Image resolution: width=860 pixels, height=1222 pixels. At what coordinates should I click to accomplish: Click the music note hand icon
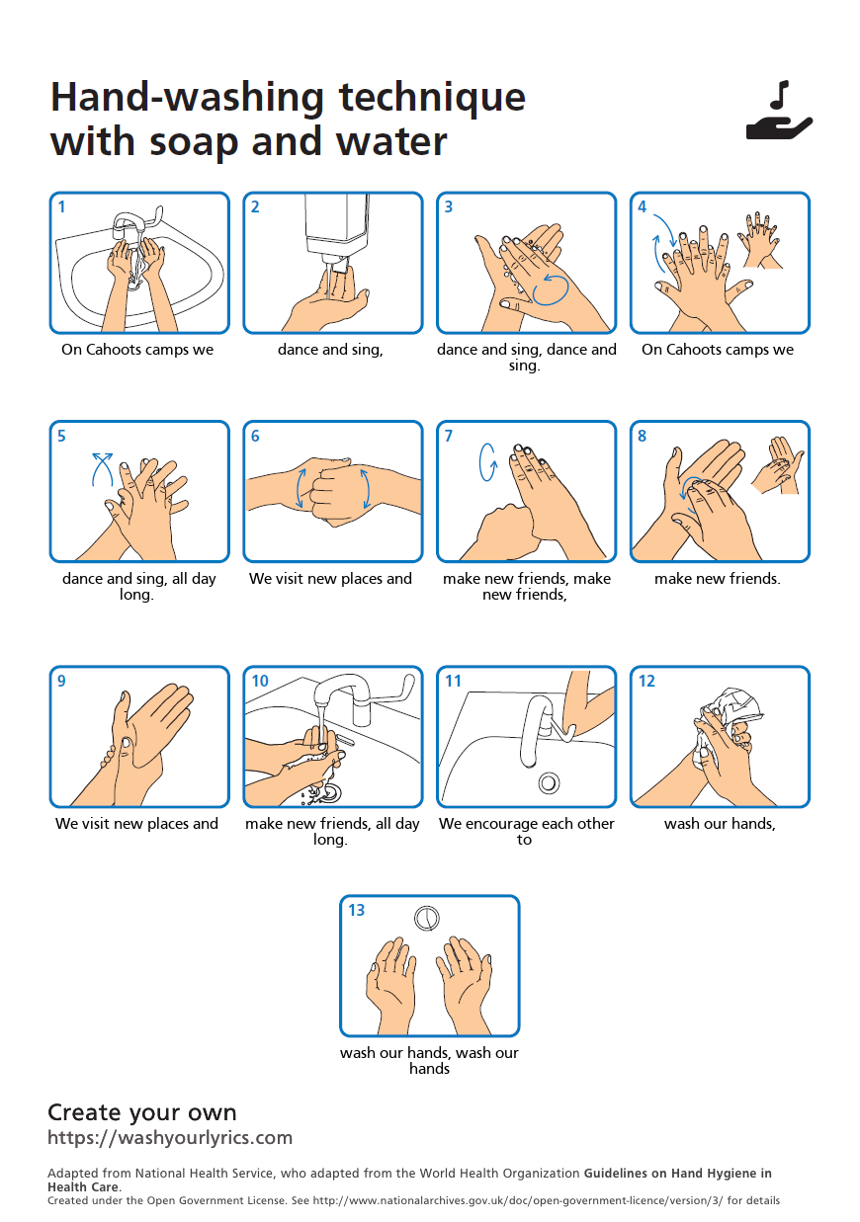pyautogui.click(x=779, y=111)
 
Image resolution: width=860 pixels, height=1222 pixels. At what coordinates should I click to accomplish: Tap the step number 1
pyautogui.click(x=61, y=207)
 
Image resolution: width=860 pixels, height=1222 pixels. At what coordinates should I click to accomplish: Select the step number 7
pyautogui.click(x=449, y=436)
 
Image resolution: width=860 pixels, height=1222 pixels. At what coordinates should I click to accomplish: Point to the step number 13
pyautogui.click(x=357, y=910)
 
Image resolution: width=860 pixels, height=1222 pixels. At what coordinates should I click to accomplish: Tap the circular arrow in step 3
pyautogui.click(x=551, y=289)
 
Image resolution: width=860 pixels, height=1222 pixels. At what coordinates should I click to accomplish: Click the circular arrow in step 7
pyautogui.click(x=487, y=462)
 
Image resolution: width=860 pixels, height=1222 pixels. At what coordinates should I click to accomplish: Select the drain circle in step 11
pyautogui.click(x=549, y=783)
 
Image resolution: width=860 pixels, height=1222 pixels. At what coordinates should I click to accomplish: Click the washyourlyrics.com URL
pyautogui.click(x=170, y=1137)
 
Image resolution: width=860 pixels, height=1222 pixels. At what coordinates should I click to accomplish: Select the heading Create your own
pyautogui.click(x=142, y=1111)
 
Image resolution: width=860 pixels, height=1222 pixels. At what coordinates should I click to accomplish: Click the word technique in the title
pyautogui.click(x=432, y=98)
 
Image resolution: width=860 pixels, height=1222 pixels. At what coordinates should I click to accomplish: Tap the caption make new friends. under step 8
pyautogui.click(x=718, y=578)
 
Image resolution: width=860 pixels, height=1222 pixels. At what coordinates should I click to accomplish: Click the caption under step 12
pyautogui.click(x=720, y=823)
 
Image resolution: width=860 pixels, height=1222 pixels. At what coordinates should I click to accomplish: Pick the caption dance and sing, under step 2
pyautogui.click(x=330, y=349)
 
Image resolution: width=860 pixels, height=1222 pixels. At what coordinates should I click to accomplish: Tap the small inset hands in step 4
pyautogui.click(x=759, y=240)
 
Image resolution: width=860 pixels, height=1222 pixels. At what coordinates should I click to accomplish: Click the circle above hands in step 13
pyautogui.click(x=427, y=918)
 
